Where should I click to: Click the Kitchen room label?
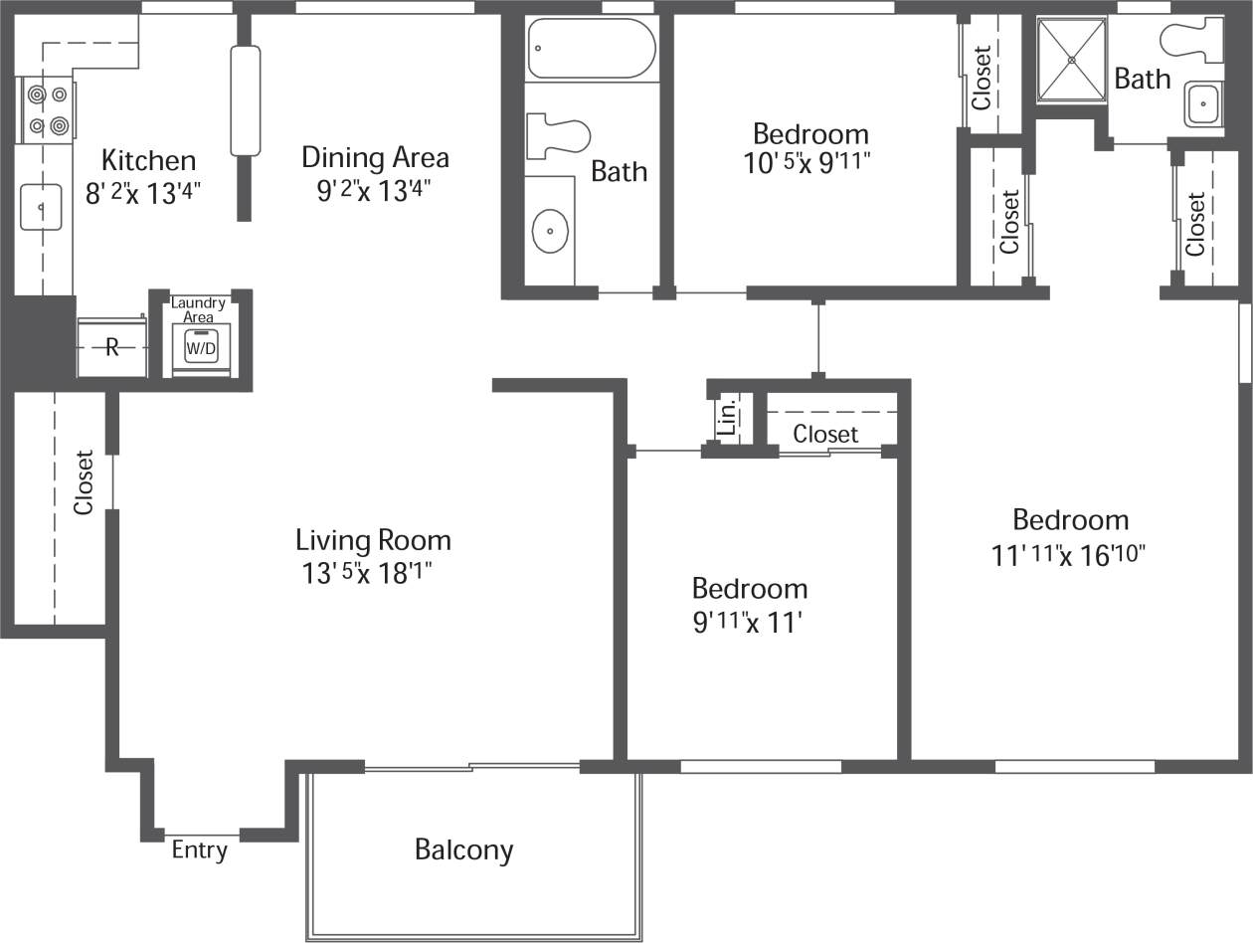(148, 160)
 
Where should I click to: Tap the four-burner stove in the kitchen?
(48, 109)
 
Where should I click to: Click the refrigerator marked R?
(112, 347)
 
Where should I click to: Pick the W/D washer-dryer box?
(201, 348)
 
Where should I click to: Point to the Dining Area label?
(375, 157)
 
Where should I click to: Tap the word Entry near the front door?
(199, 850)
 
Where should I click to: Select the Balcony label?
(463, 849)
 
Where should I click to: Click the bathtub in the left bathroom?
(591, 48)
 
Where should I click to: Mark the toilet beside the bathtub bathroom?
(558, 136)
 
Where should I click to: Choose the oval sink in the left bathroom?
(550, 232)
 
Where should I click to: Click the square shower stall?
(1072, 60)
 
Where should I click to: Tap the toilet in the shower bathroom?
(1190, 40)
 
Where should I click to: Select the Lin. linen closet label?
(727, 417)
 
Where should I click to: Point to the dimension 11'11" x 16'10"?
(1069, 555)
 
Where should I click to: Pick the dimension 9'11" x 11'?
(749, 623)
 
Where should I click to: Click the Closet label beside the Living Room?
(84, 482)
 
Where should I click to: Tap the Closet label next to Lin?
(825, 434)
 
